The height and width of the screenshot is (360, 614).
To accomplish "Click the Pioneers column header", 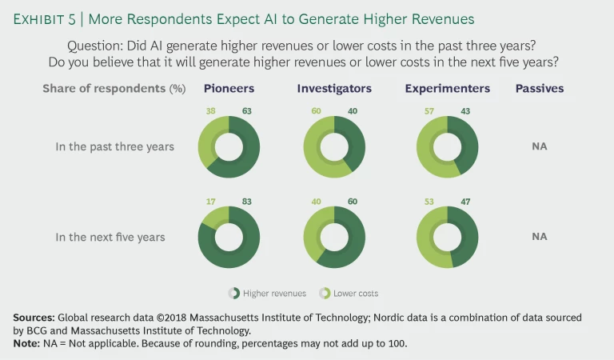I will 229,89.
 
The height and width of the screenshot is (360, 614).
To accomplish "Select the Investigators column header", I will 334,89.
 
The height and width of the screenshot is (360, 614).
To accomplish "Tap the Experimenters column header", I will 447,89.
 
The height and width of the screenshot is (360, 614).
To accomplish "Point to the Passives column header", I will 540,89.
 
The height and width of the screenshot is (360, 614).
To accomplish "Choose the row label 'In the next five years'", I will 110,237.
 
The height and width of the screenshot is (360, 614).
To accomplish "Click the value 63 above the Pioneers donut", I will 246,112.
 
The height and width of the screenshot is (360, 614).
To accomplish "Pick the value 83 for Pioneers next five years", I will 246,202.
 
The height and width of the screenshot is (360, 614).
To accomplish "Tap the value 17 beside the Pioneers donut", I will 212,202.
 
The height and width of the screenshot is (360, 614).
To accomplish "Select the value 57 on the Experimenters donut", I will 429,112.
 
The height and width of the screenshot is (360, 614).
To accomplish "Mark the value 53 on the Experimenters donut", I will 429,202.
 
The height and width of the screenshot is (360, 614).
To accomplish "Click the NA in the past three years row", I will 540,146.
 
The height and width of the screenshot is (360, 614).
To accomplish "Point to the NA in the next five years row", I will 540,237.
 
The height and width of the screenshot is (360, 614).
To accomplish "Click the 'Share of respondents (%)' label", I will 114,89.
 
